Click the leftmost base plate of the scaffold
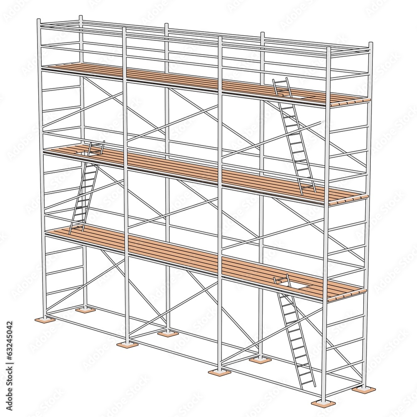point(45,319)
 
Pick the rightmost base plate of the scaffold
point(364,389)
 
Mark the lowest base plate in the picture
point(323,403)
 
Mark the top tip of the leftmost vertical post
point(39,20)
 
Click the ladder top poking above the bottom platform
point(281,278)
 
